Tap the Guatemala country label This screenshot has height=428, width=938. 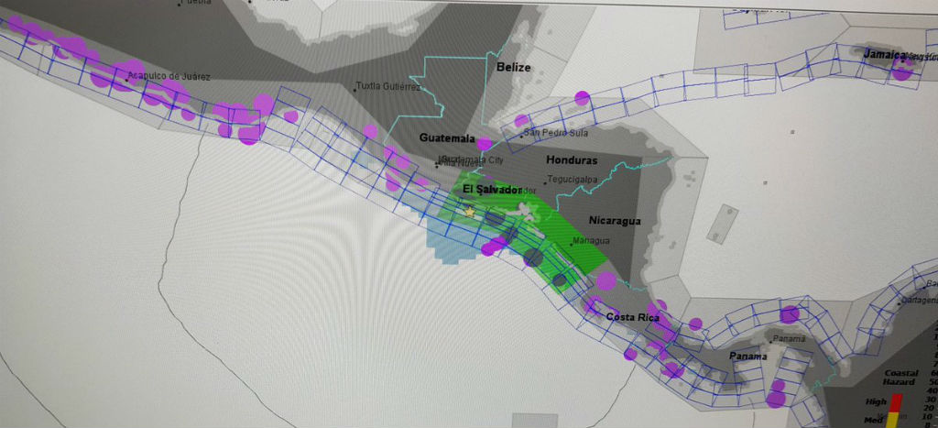[x=447, y=137]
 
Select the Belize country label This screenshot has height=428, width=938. [x=514, y=67]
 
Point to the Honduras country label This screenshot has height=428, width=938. [x=572, y=160]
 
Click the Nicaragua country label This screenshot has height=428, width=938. [x=615, y=221]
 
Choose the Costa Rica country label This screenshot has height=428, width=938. [x=633, y=317]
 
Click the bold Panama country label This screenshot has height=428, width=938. [x=747, y=356]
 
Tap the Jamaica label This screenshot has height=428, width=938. [x=884, y=54]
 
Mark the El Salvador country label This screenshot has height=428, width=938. [x=492, y=189]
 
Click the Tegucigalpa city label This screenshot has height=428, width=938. [x=574, y=180]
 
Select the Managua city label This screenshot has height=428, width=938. [x=591, y=241]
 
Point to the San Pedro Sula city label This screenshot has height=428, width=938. [x=555, y=133]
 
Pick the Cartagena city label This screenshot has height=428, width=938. [x=919, y=299]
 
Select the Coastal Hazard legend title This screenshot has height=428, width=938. [x=900, y=378]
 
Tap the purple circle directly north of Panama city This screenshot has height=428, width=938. [x=789, y=313]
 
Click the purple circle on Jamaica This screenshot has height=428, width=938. [x=902, y=71]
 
